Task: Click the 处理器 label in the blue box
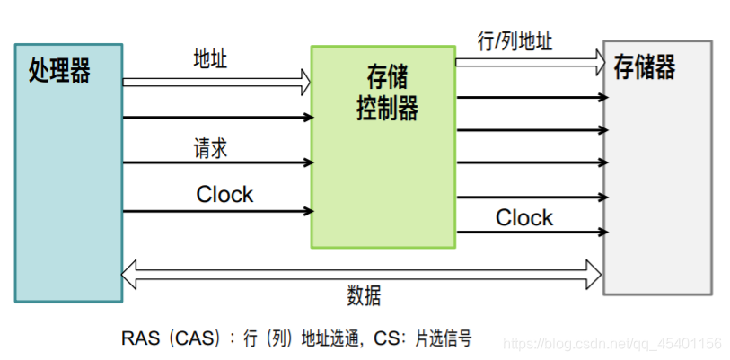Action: [58, 71]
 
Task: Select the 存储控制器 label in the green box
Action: [382, 93]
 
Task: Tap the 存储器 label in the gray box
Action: [644, 67]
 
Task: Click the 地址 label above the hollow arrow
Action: [210, 59]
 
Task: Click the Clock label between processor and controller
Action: [224, 195]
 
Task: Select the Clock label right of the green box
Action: [524, 218]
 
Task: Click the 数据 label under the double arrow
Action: [364, 296]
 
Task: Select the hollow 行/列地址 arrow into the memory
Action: [530, 62]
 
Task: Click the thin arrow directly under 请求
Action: [216, 163]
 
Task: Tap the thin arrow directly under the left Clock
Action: [216, 212]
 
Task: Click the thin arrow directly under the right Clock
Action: [530, 233]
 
